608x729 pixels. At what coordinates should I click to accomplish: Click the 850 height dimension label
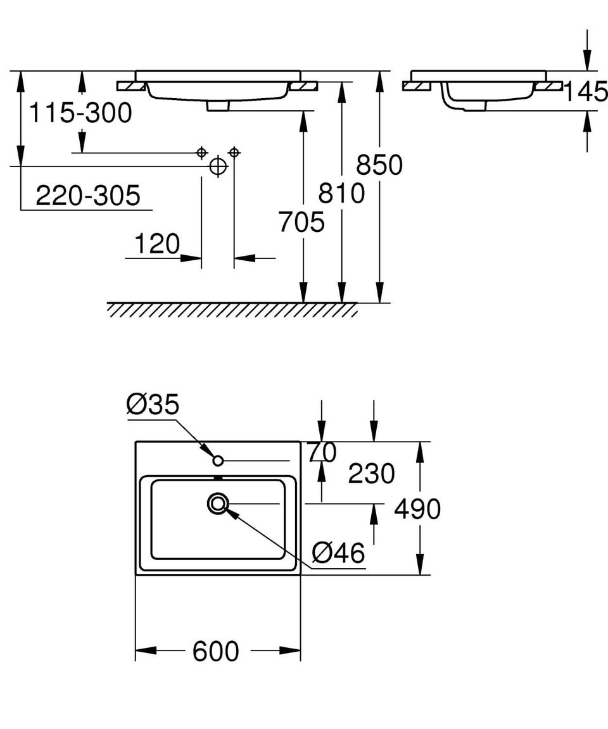[x=379, y=165]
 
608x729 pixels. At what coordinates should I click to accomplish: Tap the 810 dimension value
[x=341, y=193]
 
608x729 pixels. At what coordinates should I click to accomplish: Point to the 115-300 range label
[x=80, y=113]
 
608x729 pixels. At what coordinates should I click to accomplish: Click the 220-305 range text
[x=88, y=195]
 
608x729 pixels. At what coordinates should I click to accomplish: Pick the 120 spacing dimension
[x=157, y=244]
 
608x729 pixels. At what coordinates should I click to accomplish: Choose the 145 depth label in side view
[x=586, y=91]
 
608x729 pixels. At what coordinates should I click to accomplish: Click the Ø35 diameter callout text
[x=153, y=404]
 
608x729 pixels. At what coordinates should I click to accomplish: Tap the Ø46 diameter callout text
[x=338, y=553]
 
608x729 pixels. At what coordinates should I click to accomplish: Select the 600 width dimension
[x=216, y=651]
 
